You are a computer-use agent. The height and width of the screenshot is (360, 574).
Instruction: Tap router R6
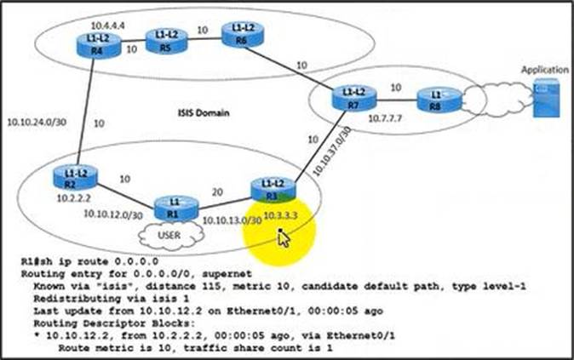[240, 35]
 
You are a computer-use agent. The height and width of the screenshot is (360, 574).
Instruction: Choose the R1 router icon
[174, 209]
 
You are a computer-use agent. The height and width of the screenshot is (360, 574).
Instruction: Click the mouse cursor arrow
[284, 237]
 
